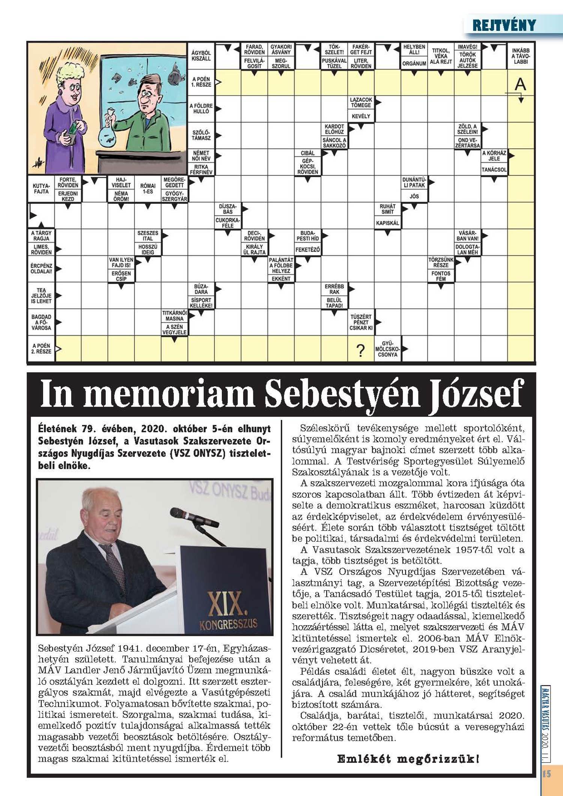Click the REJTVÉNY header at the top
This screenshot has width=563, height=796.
(504, 26)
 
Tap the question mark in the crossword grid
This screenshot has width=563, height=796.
(360, 350)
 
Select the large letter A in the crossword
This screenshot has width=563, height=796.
(520, 84)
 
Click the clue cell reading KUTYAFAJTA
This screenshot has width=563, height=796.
(41, 188)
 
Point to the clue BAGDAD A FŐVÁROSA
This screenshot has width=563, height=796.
(41, 322)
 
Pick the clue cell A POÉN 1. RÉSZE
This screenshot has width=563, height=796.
(201, 82)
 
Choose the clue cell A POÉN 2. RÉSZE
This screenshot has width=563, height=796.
(41, 348)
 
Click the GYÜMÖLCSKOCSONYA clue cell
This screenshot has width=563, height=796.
(387, 349)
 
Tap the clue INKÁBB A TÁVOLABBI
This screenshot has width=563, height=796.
(521, 56)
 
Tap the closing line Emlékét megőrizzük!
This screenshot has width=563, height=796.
(408, 759)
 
